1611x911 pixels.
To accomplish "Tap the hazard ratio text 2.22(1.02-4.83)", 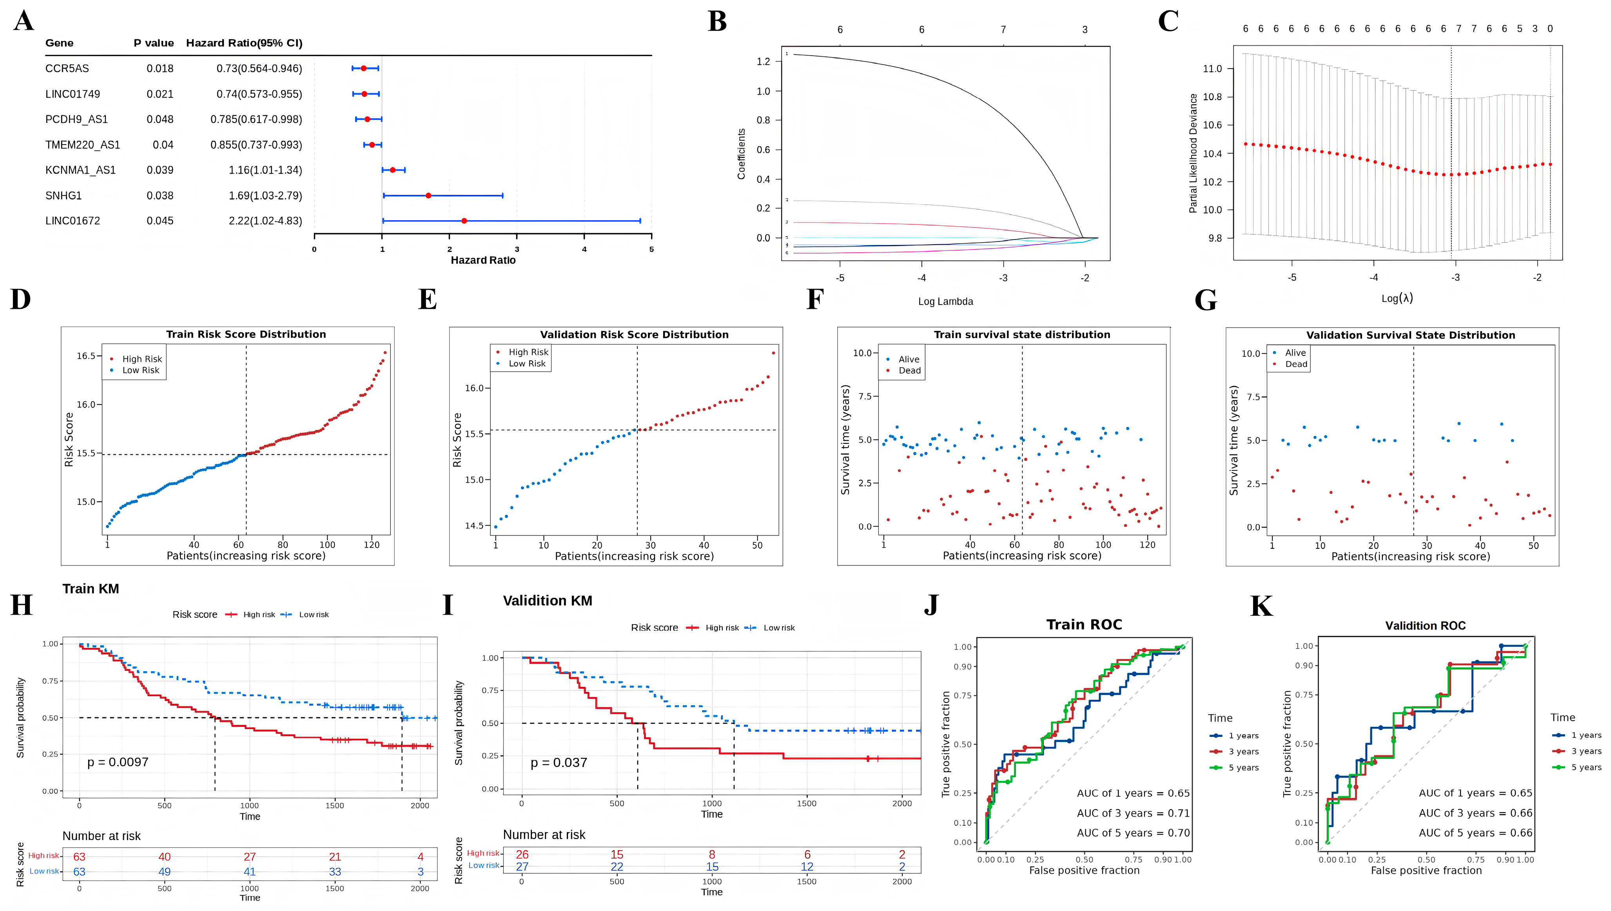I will [x=265, y=221].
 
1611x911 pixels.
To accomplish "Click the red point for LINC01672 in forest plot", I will [x=464, y=221].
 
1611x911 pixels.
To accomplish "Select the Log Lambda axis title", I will [x=945, y=301].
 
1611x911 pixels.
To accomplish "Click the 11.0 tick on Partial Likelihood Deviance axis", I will [x=1212, y=69].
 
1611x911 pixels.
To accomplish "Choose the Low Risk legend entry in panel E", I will [x=527, y=363].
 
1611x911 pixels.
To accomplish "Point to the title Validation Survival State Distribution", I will [x=1411, y=336].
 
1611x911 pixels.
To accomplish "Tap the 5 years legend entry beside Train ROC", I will [x=1243, y=768].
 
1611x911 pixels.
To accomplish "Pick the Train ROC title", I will [x=1084, y=624].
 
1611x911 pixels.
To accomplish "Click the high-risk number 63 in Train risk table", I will [x=80, y=857].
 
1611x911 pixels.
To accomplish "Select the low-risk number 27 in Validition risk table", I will [x=522, y=867].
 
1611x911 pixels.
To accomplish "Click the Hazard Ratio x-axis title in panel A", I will [x=483, y=260].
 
